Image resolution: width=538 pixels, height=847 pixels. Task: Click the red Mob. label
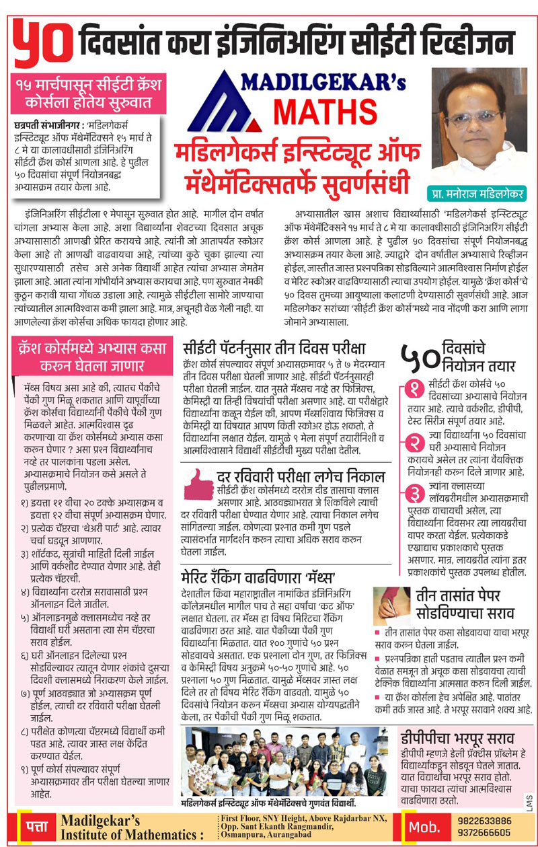click(425, 827)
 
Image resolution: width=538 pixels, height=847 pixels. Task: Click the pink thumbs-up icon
click(198, 482)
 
